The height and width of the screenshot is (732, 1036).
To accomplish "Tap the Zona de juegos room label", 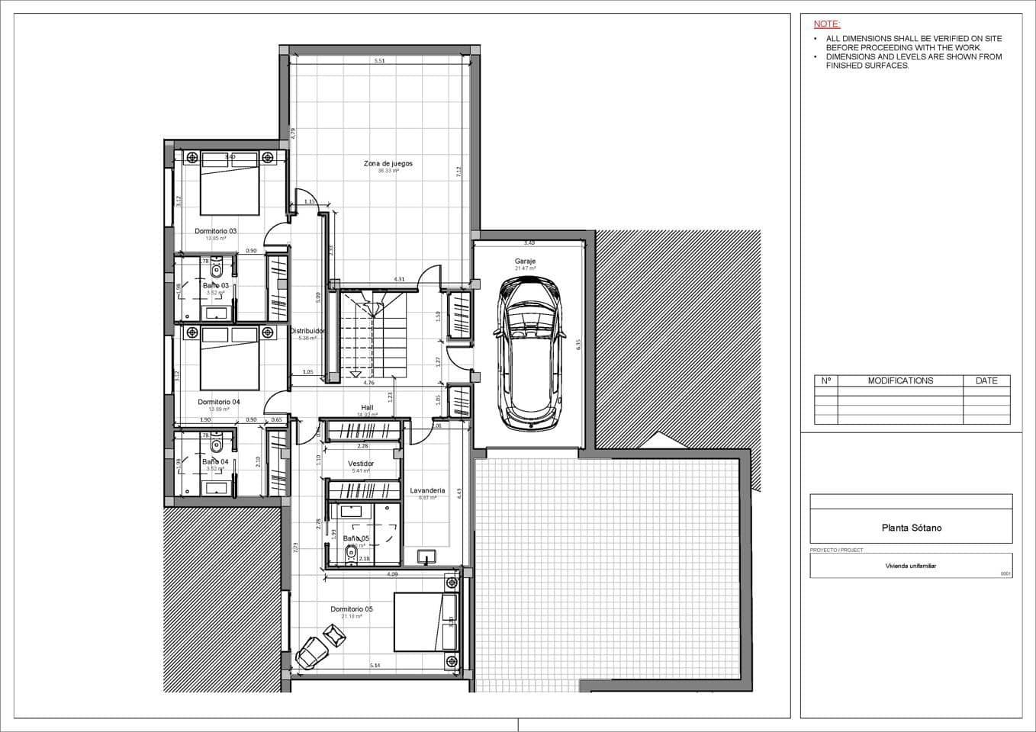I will tap(388, 163).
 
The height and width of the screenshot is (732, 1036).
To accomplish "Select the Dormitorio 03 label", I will tap(215, 231).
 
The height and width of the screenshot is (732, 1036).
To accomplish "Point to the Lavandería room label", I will tap(427, 491).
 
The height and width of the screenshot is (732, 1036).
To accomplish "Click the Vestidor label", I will tap(361, 464).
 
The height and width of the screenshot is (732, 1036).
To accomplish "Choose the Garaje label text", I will tap(525, 262).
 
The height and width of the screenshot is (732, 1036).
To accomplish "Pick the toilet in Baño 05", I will tap(351, 553).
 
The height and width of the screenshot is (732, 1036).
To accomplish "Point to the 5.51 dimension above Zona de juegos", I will tap(379, 61).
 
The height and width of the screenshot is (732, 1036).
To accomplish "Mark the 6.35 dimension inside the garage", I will tap(578, 343).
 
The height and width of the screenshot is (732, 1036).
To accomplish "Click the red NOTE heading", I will tap(826, 24).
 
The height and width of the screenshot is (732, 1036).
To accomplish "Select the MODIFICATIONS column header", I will tap(900, 380).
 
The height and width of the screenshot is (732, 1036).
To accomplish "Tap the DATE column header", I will tap(986, 380).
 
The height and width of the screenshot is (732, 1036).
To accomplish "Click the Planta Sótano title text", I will tap(911, 528).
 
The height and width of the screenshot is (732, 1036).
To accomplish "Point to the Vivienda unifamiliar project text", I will tap(910, 567).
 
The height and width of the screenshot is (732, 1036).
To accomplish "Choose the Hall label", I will tap(367, 408).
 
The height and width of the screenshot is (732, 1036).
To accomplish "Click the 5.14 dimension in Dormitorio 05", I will tap(375, 666).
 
